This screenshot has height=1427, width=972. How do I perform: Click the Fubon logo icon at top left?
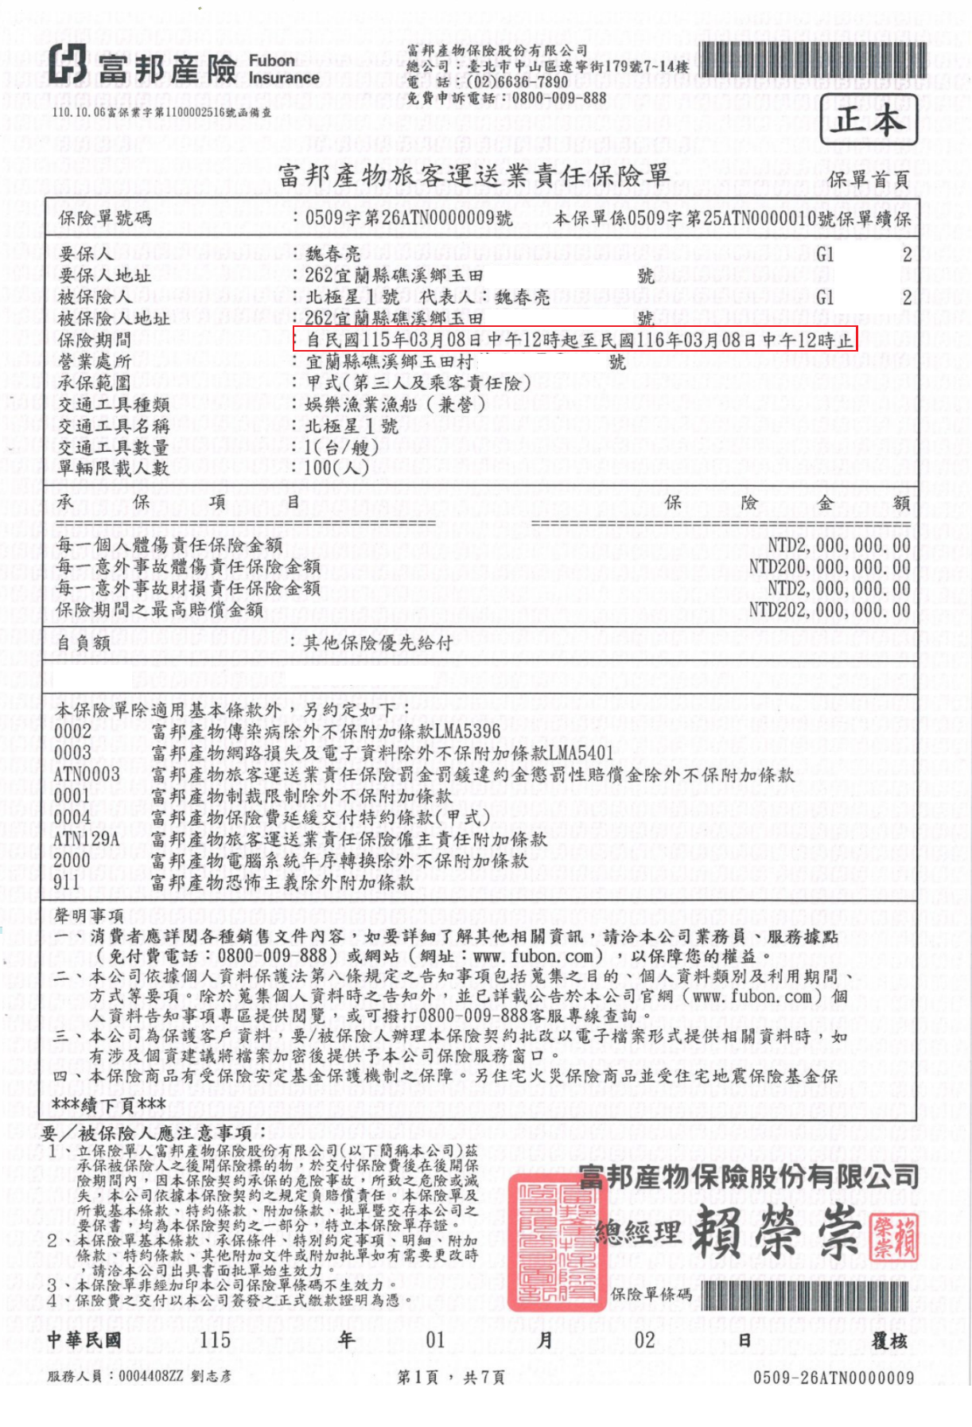(68, 64)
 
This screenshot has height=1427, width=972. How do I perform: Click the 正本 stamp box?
(869, 120)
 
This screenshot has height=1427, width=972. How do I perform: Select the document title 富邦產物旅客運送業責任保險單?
(474, 175)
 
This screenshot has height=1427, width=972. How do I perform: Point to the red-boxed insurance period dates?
(574, 340)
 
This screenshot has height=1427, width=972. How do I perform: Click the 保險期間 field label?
(95, 340)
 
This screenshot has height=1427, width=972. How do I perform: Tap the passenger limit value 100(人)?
(336, 468)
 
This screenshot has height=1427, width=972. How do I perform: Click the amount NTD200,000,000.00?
(830, 566)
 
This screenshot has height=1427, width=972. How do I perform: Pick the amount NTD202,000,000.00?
(830, 609)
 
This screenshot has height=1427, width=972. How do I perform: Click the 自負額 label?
(84, 643)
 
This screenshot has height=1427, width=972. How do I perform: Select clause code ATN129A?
(86, 838)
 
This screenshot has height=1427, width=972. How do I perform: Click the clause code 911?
(67, 881)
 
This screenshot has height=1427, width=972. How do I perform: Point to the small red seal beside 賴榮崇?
(895, 1238)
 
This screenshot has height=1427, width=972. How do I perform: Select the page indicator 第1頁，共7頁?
(451, 1377)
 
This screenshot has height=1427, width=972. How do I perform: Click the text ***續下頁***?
(109, 1103)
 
